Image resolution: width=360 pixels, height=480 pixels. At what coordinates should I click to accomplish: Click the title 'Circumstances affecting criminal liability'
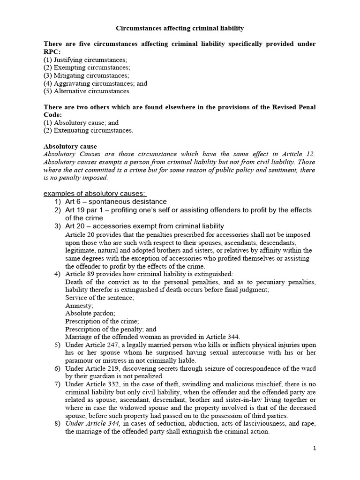point(180,29)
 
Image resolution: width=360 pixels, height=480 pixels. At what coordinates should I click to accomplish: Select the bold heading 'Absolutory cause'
point(70,146)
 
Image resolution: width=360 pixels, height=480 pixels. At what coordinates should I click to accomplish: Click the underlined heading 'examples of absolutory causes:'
point(95,194)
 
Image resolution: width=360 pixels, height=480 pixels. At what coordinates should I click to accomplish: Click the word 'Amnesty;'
point(79,305)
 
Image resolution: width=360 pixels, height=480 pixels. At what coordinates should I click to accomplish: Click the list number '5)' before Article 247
point(58,345)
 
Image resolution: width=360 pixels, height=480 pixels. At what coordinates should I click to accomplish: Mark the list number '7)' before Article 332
point(58,385)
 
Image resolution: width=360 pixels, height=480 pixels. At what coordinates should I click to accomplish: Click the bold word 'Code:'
point(53,115)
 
